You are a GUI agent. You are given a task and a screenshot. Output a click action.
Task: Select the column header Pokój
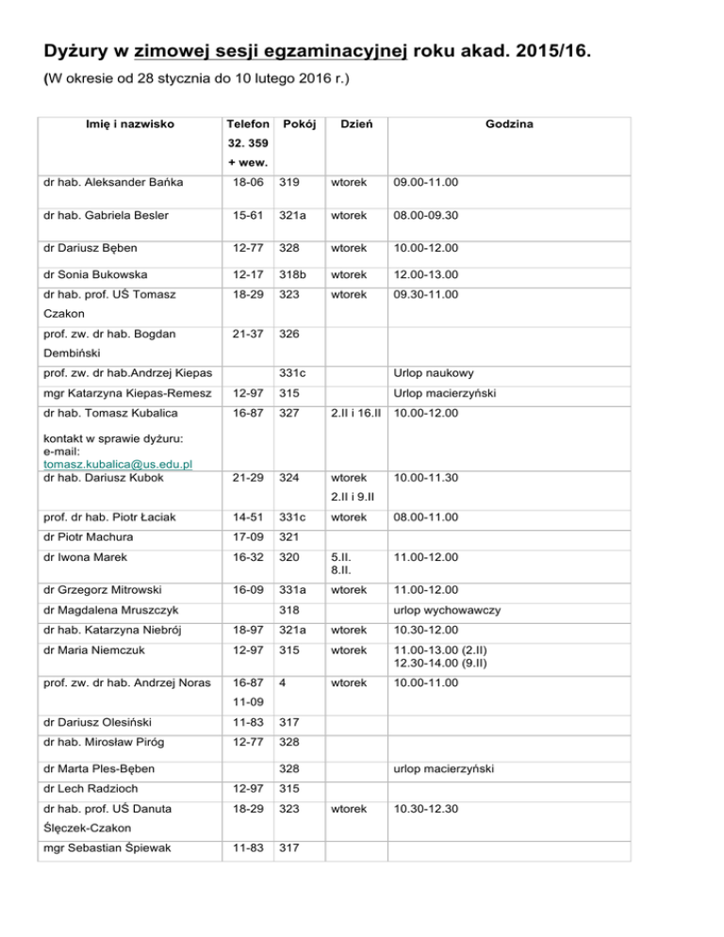coord(299,124)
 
